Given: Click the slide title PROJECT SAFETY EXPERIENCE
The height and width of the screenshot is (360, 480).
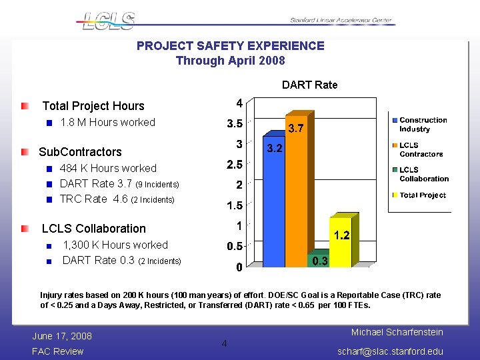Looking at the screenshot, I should point(230,46).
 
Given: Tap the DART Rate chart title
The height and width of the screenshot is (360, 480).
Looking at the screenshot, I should point(309,85).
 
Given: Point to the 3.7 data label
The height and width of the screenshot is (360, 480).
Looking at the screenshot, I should point(296,129).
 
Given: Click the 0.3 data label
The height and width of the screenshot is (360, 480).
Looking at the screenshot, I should point(320,261).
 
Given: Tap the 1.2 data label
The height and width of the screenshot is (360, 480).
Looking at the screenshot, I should point(341,235).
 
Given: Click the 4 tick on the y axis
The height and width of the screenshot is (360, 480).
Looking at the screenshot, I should point(239,103).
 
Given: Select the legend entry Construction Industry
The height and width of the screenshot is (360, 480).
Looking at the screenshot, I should point(423,125).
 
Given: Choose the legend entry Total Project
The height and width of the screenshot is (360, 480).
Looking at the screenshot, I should point(423,195).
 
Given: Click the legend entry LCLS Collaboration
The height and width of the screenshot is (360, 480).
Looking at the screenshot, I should point(423,175).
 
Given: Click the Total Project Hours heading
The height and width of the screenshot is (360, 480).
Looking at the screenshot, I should point(93,106).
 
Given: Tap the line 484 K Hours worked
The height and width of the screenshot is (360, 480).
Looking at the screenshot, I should point(108,168).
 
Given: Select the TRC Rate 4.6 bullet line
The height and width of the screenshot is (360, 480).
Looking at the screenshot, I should point(117,199).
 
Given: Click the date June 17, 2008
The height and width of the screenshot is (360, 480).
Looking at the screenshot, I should point(62,335).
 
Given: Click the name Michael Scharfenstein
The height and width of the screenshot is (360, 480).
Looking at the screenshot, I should point(397,332).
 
